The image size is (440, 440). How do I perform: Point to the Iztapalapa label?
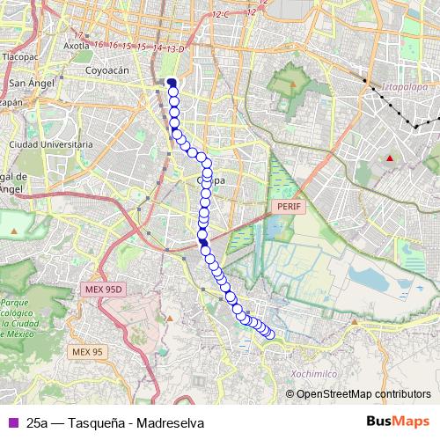click(x=404, y=87)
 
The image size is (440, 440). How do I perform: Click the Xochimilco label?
click(x=313, y=374)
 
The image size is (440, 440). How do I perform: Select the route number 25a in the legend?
click(x=38, y=422)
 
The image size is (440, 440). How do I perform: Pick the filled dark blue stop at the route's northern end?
click(x=172, y=83)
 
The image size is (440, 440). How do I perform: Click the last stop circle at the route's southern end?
click(x=270, y=334)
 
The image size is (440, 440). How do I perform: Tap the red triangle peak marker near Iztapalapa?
click(x=389, y=158)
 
